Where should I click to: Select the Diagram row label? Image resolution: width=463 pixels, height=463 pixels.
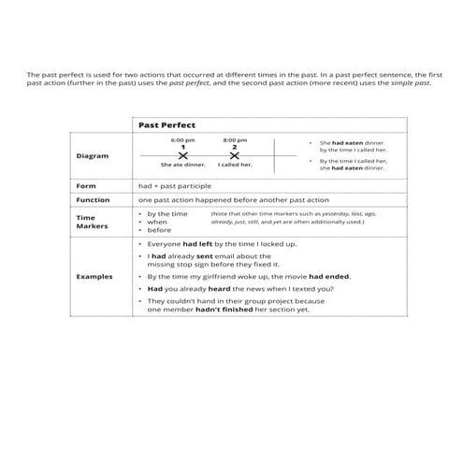coord(91,155)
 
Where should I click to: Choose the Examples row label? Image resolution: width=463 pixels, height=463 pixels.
coord(94,277)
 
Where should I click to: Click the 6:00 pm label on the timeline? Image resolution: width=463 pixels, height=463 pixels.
coord(182,139)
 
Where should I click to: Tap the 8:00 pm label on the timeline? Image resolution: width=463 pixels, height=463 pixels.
coord(235,139)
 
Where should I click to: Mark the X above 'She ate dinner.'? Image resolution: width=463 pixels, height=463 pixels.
coord(182,154)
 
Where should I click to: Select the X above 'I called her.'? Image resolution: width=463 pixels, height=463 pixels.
coord(235,154)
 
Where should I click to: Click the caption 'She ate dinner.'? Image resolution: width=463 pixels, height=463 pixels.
coord(182,165)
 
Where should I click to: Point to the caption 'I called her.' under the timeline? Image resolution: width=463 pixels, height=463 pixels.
coord(235,165)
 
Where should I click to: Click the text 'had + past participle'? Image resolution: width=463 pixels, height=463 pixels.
coord(169,186)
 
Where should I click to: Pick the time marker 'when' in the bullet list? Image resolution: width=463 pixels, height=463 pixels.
coord(157,222)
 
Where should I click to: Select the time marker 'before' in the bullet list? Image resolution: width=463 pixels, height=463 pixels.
coord(159,230)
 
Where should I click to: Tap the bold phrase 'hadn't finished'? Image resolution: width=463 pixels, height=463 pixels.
coord(218,311)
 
